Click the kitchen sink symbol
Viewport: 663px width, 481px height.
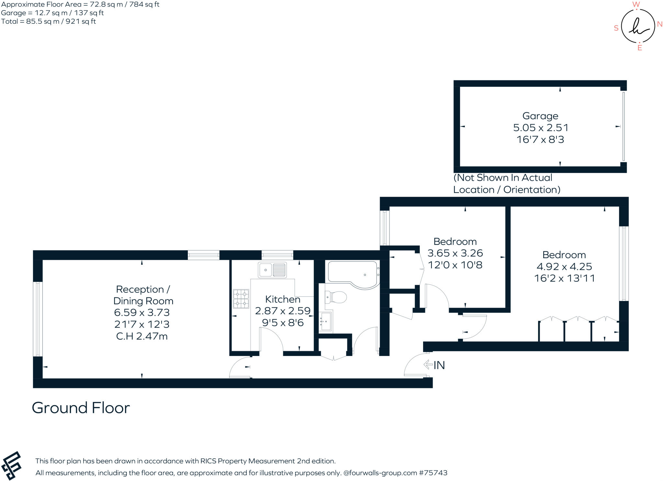272,270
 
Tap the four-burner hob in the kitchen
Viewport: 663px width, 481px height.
241,299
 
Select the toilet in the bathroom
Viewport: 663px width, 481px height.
336,297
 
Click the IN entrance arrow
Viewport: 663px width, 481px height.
428,365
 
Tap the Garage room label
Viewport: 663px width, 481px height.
540,116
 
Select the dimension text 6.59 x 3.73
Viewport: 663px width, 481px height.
142,313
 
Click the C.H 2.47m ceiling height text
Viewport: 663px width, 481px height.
142,336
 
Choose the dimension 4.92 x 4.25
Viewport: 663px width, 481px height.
564,267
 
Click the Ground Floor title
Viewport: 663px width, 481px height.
81,408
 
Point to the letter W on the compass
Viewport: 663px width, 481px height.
636,5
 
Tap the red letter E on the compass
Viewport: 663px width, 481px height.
639,48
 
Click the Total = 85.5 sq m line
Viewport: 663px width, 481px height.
49,21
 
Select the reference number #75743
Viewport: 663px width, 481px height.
433,473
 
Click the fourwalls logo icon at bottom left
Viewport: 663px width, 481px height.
12,465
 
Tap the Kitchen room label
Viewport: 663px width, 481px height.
282,299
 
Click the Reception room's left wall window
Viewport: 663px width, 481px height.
38,319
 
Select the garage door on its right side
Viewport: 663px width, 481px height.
624,126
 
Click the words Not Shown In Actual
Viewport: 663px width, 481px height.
503,178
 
